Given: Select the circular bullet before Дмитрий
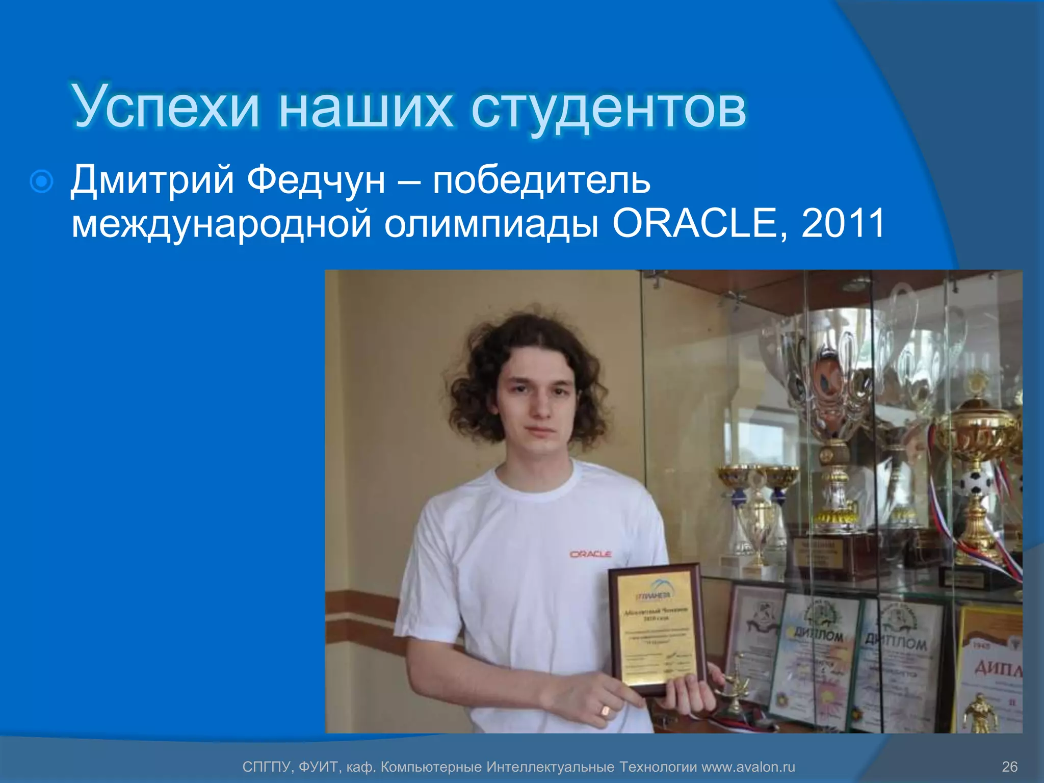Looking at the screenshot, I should [41, 181].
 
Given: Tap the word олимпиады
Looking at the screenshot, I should [491, 224].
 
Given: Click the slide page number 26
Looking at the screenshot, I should [1009, 767].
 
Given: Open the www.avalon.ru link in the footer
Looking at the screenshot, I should [748, 767].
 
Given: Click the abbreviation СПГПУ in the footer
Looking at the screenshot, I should [266, 767].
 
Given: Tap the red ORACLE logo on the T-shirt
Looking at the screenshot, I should [590, 554].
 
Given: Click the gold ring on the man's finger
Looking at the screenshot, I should [605, 710].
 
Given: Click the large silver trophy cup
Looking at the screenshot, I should [836, 367].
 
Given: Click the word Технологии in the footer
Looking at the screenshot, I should [659, 767].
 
